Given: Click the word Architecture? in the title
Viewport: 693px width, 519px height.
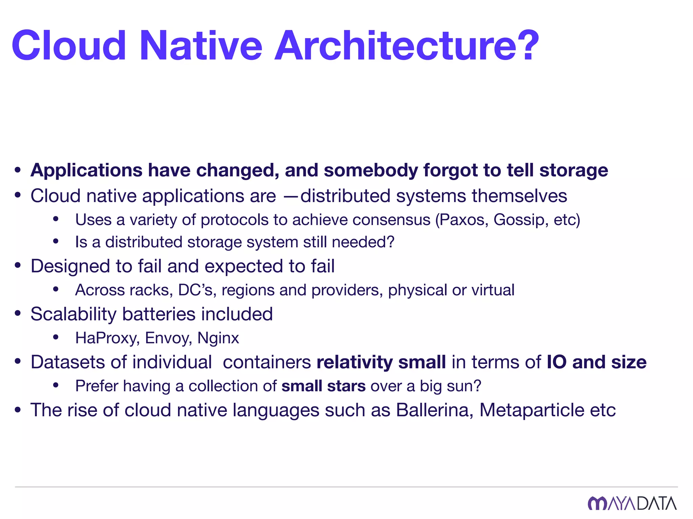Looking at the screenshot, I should [406, 46].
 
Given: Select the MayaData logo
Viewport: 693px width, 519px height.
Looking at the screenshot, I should [632, 503].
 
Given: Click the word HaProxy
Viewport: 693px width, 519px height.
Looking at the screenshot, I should [107, 338].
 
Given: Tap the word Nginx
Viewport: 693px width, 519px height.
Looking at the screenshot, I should [218, 338].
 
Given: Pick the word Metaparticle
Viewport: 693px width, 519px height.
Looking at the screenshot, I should [532, 410].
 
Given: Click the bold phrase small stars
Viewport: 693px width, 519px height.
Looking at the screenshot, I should [323, 386].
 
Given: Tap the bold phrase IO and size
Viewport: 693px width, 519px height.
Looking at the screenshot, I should [596, 362].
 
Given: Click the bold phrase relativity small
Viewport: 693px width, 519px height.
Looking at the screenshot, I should [381, 362].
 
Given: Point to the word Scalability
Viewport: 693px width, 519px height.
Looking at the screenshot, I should [73, 314].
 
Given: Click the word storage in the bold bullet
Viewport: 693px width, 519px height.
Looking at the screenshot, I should [574, 170].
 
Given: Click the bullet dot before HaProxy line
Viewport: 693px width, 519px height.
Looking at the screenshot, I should [56, 337].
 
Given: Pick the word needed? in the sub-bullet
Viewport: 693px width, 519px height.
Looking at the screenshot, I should [363, 242].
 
